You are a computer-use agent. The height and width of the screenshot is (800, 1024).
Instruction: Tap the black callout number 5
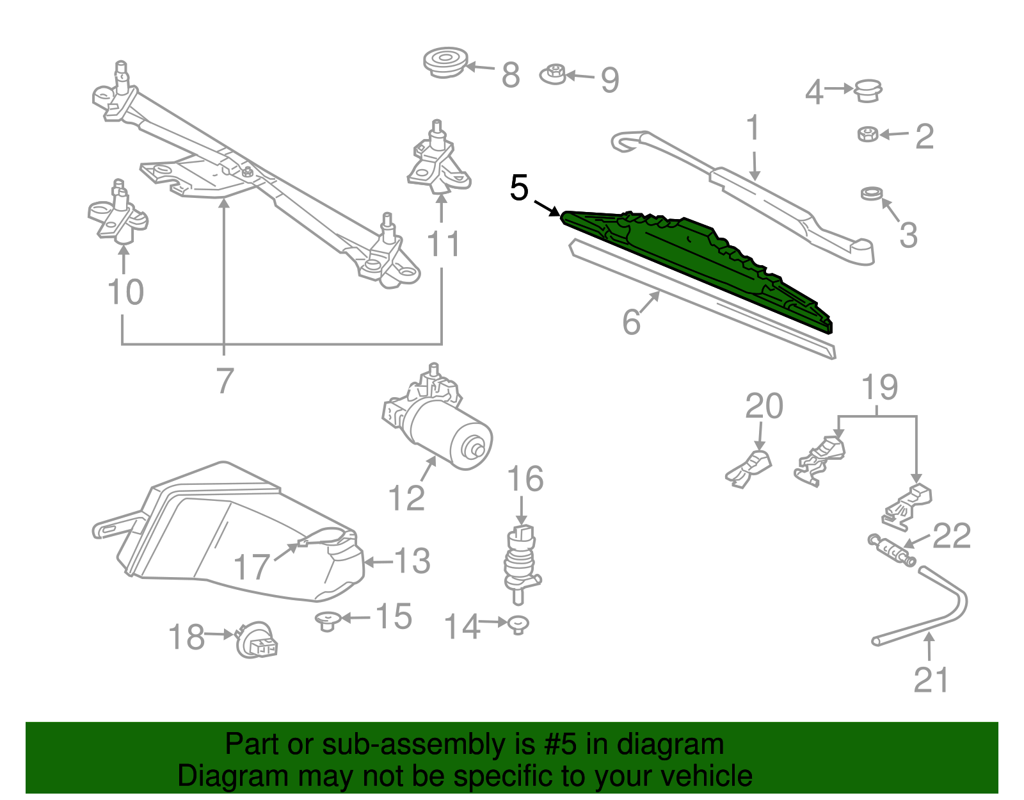point(519,188)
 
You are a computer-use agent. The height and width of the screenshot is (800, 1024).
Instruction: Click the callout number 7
point(224,381)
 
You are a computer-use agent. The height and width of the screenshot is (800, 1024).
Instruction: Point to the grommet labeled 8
point(445,63)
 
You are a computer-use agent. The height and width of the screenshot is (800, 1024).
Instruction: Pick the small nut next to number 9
point(554,75)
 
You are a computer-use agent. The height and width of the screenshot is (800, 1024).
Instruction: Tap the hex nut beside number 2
point(868,135)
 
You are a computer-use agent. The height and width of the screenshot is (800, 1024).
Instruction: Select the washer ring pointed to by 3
point(871,193)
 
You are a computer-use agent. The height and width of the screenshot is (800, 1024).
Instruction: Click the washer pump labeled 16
point(521,560)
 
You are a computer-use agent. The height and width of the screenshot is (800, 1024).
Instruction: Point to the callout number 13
point(412,562)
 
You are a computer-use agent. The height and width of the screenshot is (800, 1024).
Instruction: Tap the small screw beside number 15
point(328,620)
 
